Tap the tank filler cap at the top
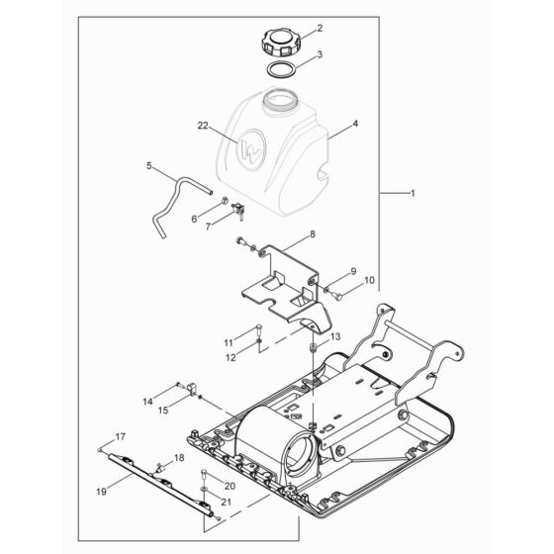tap(278, 43)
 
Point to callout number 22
tap(204, 127)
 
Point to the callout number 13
tap(334, 337)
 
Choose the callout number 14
tap(147, 401)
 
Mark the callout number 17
tap(121, 436)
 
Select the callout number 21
tap(229, 504)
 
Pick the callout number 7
tap(208, 226)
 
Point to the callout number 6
tap(194, 217)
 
